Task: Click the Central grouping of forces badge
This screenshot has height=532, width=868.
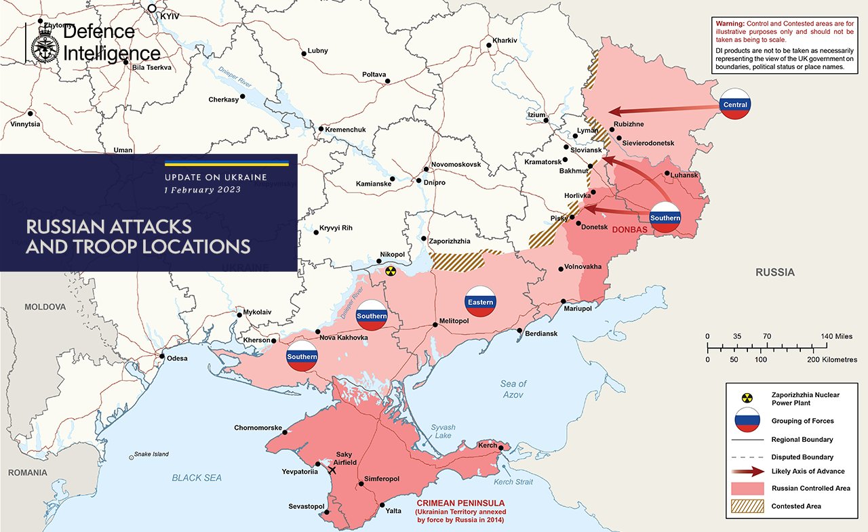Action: point(735,104)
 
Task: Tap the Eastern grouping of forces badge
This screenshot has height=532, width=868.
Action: point(480,302)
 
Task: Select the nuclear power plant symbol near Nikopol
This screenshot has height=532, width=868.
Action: point(390,271)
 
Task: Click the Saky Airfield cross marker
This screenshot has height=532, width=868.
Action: point(332,470)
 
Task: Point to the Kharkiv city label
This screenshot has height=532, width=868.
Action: point(505,41)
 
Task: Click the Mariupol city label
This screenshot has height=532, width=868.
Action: point(578,308)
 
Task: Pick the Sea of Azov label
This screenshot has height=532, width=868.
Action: point(513,388)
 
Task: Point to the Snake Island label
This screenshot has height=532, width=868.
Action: point(151,454)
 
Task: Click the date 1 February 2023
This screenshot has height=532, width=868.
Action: point(201,190)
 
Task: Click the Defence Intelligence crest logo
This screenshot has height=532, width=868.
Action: point(46,42)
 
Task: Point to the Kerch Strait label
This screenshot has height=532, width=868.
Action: point(513,482)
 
